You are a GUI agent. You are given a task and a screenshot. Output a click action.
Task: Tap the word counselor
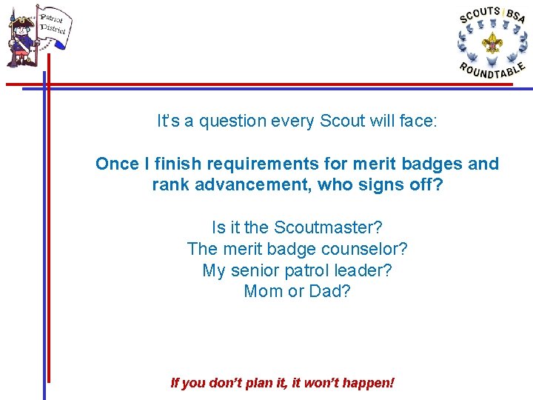pyautogui.click(x=369, y=248)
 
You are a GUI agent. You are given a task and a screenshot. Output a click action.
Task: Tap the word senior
pyautogui.click(x=263, y=270)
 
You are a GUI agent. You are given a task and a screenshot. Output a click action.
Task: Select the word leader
pyautogui.click(x=361, y=270)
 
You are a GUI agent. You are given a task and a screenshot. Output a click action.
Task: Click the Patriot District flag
pyautogui.click(x=53, y=26)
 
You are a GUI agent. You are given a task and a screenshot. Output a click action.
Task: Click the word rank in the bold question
pyautogui.click(x=170, y=184)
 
